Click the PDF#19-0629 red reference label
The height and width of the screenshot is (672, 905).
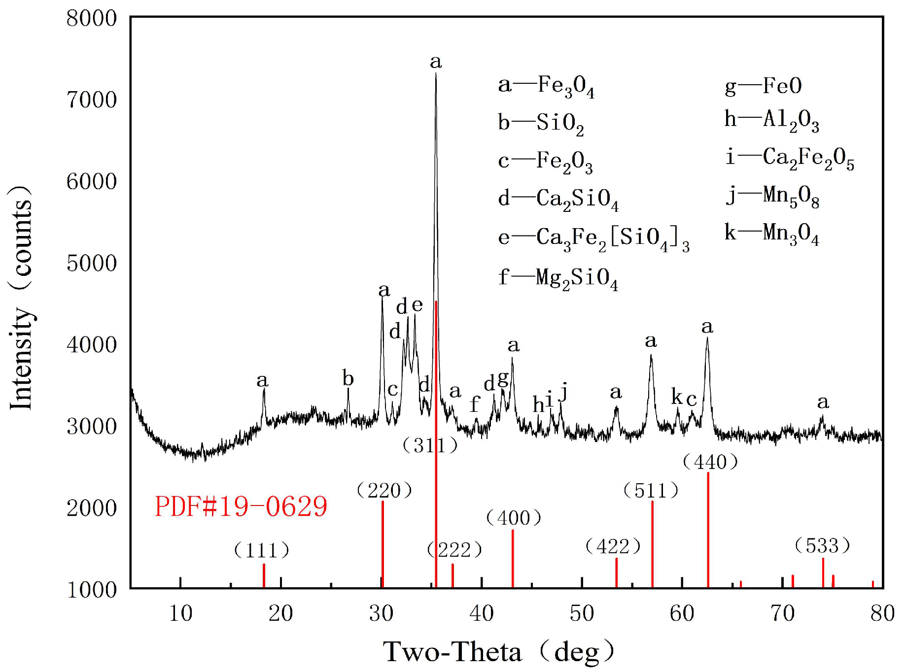point(241,506)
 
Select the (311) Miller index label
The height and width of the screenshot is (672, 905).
point(430,445)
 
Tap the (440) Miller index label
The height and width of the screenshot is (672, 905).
point(710,462)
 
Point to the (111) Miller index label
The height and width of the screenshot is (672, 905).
point(261,550)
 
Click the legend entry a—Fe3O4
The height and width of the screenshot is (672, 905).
point(546,86)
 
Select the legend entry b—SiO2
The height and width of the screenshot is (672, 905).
point(541,123)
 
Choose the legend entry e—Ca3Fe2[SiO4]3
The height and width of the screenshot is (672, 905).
point(593,238)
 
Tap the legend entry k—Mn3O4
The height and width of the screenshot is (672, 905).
point(771,233)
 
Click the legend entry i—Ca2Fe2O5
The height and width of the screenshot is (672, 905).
point(789,158)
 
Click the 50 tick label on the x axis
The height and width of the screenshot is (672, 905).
point(582,613)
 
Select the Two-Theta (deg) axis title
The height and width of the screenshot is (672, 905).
point(499,652)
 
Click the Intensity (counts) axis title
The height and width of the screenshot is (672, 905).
point(21,298)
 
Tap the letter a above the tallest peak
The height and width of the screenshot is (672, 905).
point(436,62)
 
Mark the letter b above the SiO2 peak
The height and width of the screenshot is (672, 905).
point(348,378)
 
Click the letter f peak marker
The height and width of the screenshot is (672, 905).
point(474,404)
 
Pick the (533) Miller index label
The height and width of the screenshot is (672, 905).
point(822,546)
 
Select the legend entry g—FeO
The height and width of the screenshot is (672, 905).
point(763,86)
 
